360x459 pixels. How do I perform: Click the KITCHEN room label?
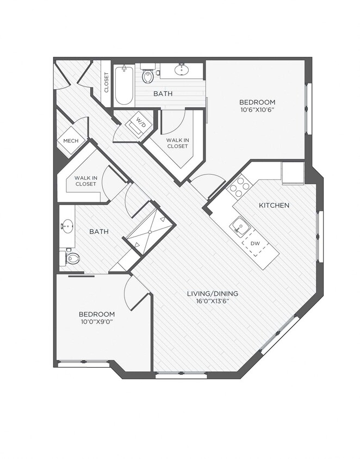pos(274,206)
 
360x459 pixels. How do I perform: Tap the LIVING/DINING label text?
pos(213,294)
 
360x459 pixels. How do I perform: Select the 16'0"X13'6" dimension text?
pos(213,302)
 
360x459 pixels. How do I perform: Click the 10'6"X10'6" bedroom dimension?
pos(257,110)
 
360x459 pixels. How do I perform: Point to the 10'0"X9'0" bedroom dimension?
pos(97,322)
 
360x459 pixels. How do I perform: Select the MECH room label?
pos(71,141)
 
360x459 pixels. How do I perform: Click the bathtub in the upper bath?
pos(124,86)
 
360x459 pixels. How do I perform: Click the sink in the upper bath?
pos(181,70)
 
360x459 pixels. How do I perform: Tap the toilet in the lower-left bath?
pos(71,258)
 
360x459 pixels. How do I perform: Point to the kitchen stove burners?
pos(238,188)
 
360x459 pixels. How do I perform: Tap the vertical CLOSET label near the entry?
pos(106,83)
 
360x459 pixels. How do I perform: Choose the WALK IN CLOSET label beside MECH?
pos(85,181)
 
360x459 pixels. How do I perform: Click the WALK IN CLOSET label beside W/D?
pos(177,143)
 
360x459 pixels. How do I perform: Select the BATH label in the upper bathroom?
pos(163,94)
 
